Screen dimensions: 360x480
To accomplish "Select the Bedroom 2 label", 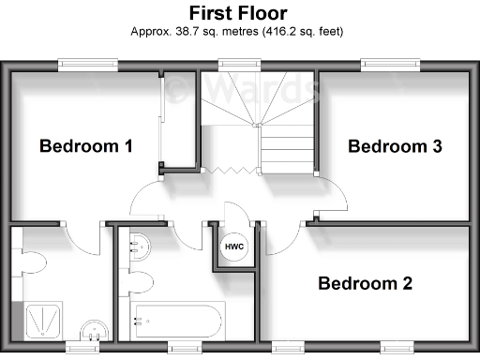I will (x=365, y=283).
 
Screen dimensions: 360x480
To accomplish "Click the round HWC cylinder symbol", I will (x=233, y=247).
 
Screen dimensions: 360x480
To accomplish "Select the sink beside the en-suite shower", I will (x=92, y=329).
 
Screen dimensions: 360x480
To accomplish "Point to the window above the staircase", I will (x=238, y=64).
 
